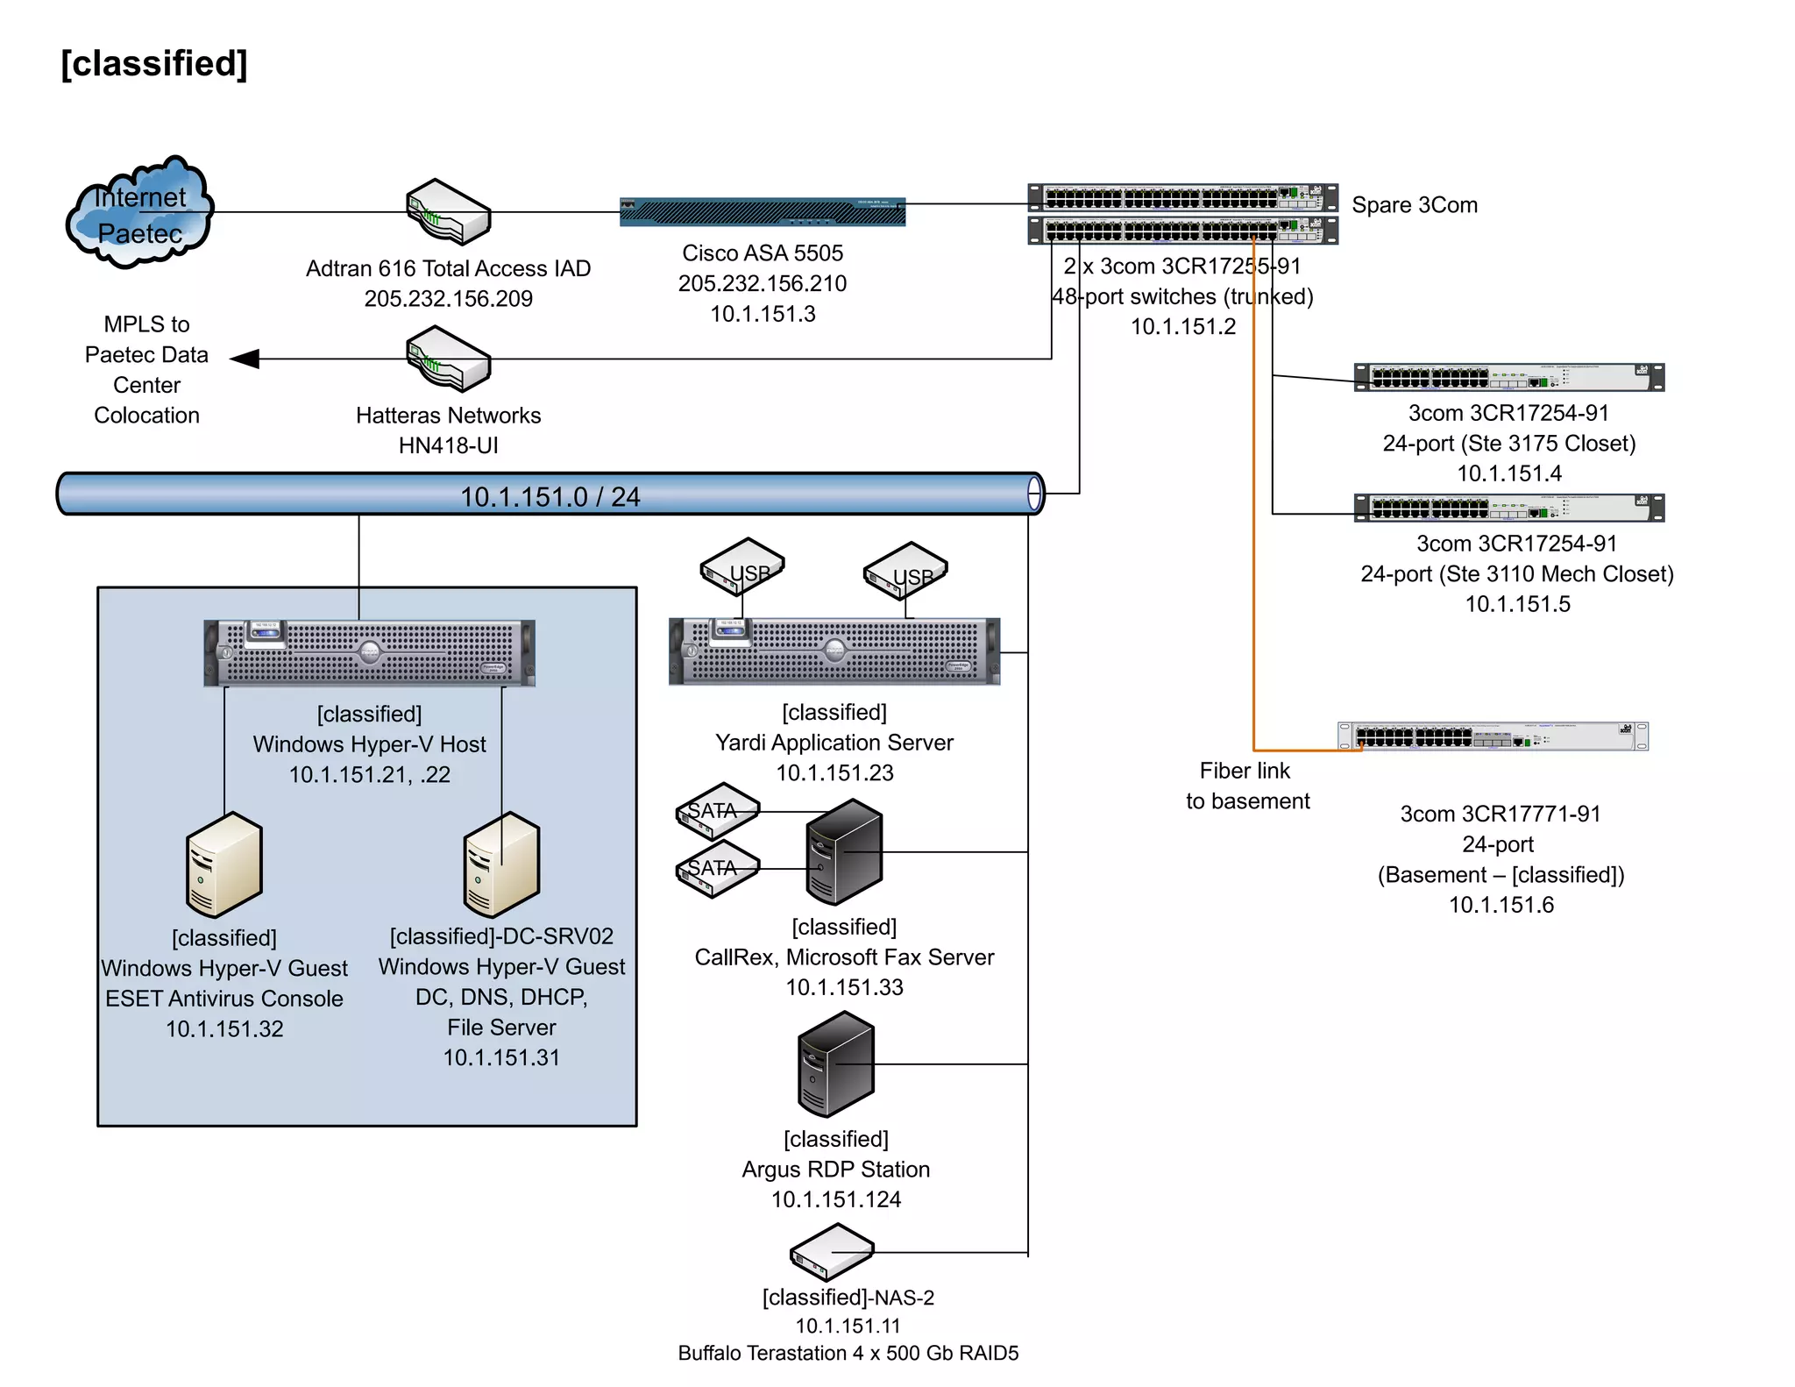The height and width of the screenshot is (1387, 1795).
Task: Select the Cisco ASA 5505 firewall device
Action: [762, 212]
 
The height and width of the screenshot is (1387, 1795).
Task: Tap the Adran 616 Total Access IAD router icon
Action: [448, 211]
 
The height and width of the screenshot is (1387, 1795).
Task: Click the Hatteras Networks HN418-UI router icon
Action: [448, 358]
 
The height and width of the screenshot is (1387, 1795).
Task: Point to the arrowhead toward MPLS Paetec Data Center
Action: [245, 359]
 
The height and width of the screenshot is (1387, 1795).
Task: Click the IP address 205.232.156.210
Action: [762, 283]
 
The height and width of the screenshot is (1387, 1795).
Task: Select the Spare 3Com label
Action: [1414, 205]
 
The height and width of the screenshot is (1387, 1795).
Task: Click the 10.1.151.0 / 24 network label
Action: [550, 496]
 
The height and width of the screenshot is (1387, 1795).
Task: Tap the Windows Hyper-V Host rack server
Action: [369, 653]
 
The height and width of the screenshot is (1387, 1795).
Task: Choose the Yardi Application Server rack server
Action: [834, 651]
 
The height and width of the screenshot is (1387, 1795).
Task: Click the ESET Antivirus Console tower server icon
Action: [224, 864]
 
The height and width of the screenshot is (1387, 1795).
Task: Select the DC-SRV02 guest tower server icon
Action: [501, 864]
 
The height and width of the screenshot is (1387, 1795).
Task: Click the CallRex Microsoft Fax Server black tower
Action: [843, 851]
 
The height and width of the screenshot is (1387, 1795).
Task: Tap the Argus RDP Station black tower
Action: [835, 1063]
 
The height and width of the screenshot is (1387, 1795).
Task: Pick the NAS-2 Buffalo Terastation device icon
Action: [832, 1252]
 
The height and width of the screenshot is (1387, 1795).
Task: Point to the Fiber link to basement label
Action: [1246, 786]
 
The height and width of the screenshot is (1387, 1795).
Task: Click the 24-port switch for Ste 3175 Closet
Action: [1508, 378]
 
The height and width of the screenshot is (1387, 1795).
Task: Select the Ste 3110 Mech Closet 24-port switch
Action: [1508, 508]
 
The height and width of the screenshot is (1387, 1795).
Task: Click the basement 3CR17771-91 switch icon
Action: [1493, 736]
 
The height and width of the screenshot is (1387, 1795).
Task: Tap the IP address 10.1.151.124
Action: [835, 1199]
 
